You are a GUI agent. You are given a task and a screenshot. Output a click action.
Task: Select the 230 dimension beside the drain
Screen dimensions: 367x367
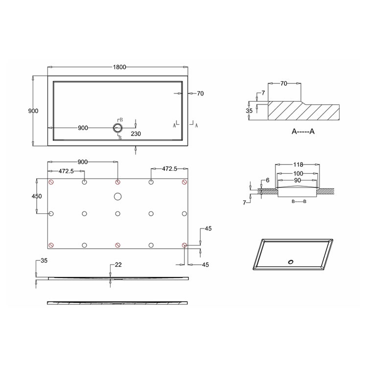136,133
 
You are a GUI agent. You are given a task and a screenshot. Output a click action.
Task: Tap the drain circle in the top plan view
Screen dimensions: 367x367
117,128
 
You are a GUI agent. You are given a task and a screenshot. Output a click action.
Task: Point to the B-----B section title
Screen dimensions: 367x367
298,202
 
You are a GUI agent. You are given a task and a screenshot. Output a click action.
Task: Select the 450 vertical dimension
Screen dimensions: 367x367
37,196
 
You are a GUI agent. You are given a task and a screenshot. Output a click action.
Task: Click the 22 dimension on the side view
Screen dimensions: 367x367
118,265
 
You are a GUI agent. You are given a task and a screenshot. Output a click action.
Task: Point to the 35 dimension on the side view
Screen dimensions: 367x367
44,261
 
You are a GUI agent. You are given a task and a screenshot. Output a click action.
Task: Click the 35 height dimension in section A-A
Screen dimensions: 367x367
249,111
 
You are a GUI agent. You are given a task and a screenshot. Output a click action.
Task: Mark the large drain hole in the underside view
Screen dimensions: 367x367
117,197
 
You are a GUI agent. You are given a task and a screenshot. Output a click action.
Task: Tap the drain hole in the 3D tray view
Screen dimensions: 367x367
291,261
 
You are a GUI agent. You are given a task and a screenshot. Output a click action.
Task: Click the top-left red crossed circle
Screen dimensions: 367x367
51,183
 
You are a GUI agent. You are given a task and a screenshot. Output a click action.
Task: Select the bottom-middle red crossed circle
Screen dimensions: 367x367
117,245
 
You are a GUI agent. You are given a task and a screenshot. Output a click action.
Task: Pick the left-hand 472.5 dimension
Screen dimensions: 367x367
66,171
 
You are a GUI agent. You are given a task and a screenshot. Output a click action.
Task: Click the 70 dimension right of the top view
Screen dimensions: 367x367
200,93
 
